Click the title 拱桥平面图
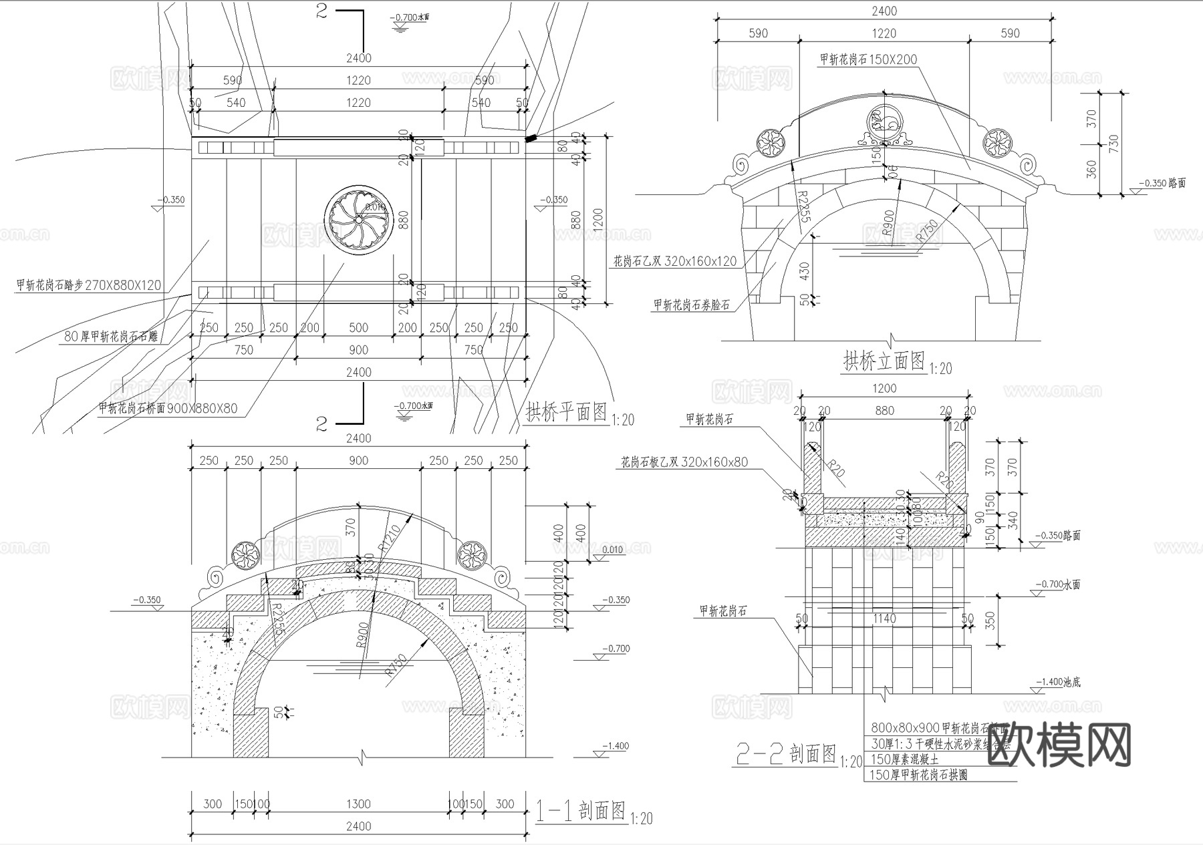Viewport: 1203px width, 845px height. (x=566, y=412)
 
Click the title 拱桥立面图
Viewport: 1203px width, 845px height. (x=884, y=362)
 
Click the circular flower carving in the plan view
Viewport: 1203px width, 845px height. (x=358, y=219)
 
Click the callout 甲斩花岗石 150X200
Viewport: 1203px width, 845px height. (x=868, y=59)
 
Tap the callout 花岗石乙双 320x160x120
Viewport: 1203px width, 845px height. (x=675, y=261)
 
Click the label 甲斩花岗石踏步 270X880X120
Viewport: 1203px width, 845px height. (x=89, y=285)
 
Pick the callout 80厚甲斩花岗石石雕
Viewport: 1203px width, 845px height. (x=111, y=337)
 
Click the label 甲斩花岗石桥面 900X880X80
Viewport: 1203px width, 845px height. (x=168, y=408)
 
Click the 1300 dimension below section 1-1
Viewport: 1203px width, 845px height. (x=358, y=804)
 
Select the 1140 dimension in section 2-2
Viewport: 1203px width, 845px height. (x=884, y=619)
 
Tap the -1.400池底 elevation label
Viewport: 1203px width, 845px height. (x=1057, y=682)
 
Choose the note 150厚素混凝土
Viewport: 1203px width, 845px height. (x=904, y=759)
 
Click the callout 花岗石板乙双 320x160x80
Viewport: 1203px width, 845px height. (x=684, y=462)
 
